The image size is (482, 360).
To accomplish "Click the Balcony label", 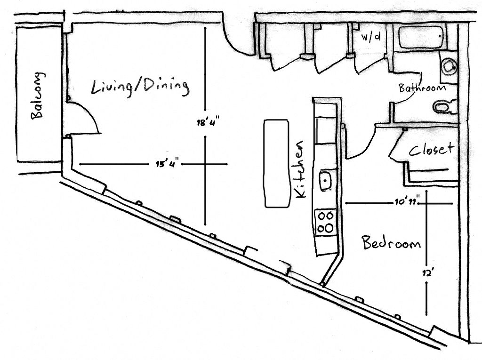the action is (38, 96).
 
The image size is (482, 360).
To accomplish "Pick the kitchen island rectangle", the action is (276, 163).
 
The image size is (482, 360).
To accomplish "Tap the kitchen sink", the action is (325, 180).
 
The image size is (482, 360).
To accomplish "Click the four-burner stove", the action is (325, 222).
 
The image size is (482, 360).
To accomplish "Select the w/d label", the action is (371, 37).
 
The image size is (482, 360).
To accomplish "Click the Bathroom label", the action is (422, 88).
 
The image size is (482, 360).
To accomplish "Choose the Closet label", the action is (431, 149).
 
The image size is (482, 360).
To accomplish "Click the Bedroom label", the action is (391, 243).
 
